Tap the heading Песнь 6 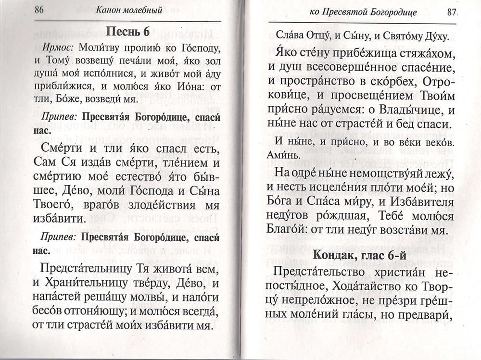(127, 31)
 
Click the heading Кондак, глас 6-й (360, 256)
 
